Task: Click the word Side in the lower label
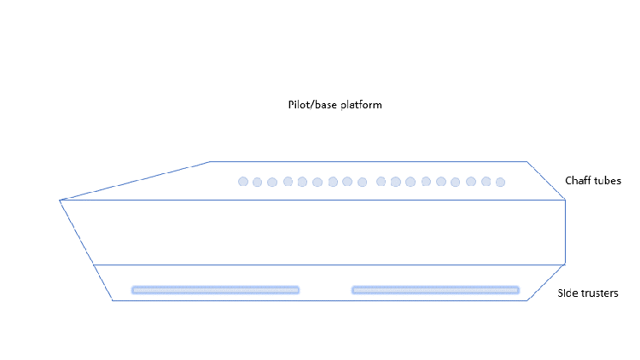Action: click(x=567, y=293)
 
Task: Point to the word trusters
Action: click(x=599, y=293)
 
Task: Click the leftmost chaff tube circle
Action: click(x=243, y=181)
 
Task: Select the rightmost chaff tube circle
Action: click(x=501, y=182)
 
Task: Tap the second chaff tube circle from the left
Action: click(x=257, y=182)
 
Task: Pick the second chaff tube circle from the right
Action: click(x=486, y=181)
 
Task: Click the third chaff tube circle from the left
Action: click(x=272, y=182)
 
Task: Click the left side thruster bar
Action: click(x=215, y=290)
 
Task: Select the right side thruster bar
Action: click(x=435, y=290)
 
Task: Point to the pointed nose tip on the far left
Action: click(x=60, y=200)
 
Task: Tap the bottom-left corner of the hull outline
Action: click(x=113, y=301)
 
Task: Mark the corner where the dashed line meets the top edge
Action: click(x=210, y=161)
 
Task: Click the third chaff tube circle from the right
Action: click(x=471, y=181)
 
